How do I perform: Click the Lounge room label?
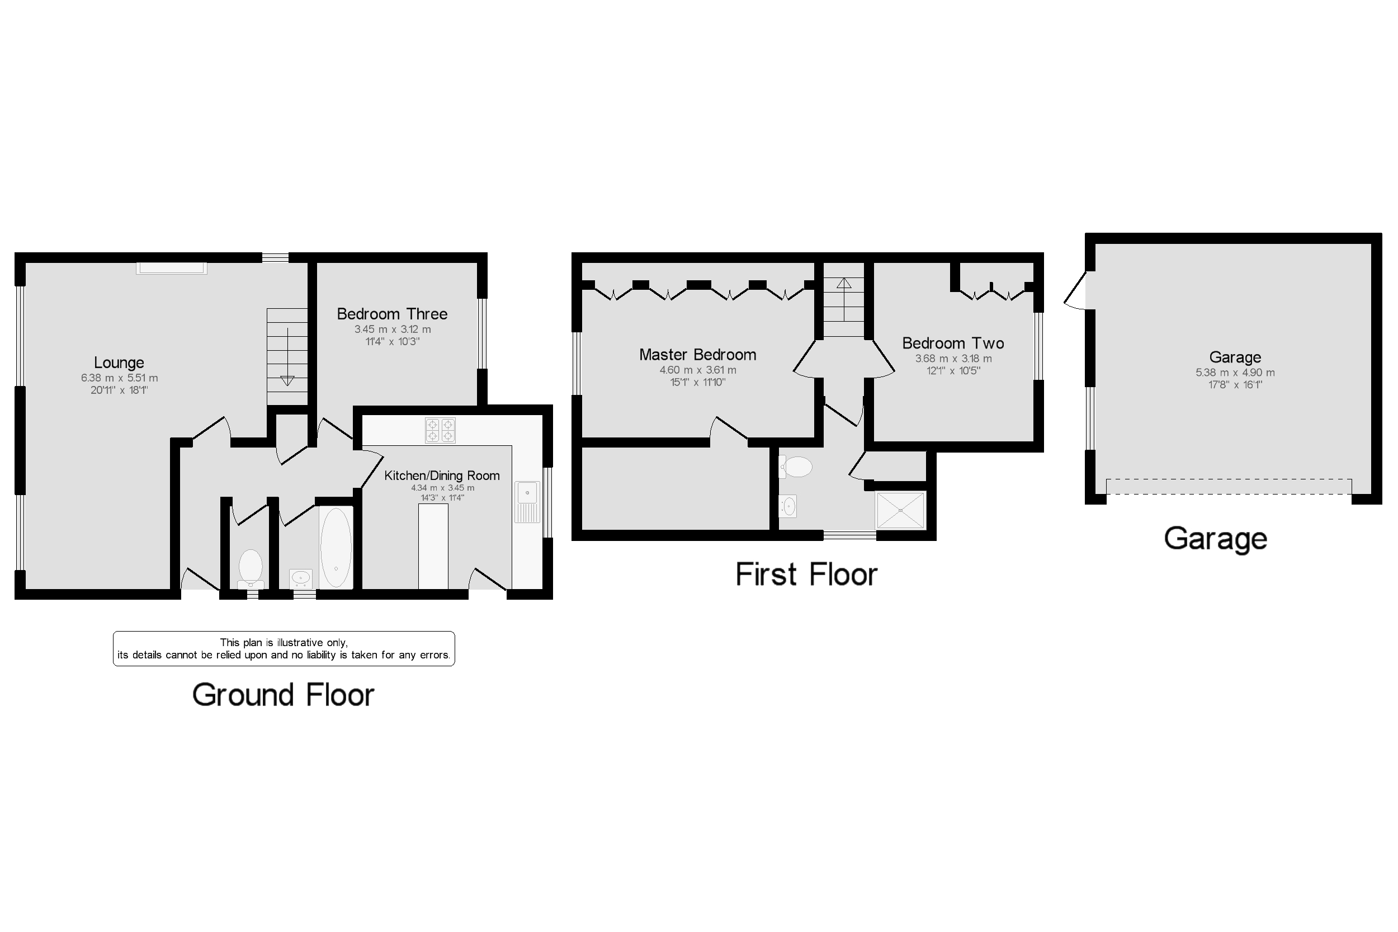click(119, 363)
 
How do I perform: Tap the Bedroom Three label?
click(392, 314)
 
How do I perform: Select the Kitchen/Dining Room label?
click(442, 476)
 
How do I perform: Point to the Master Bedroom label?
click(697, 355)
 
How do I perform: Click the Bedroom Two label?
click(953, 343)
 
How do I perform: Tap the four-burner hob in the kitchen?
click(440, 430)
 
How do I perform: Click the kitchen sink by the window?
click(527, 501)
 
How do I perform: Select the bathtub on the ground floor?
click(336, 548)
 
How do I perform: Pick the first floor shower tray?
click(901, 510)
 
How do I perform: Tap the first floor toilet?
click(795, 467)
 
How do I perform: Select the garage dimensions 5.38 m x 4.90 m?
click(1235, 373)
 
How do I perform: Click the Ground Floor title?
click(284, 695)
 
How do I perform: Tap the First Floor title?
click(806, 574)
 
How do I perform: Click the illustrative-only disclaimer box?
click(284, 648)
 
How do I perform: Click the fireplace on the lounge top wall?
click(172, 268)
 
